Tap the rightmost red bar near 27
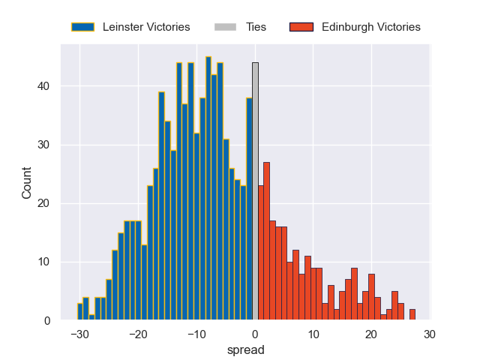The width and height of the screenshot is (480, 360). click(412, 315)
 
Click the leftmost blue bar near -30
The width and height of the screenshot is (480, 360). click(80, 312)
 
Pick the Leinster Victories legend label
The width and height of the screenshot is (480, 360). click(145, 27)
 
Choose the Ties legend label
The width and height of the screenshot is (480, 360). click(256, 27)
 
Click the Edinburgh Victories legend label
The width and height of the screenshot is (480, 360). click(370, 27)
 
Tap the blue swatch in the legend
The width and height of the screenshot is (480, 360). click(82, 27)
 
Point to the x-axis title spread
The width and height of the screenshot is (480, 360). click(250, 349)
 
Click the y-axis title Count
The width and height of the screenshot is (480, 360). click(27, 182)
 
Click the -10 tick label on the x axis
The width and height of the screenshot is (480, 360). click(195, 334)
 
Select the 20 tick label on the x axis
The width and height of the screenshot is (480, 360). click(371, 334)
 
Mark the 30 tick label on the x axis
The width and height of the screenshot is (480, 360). click(429, 334)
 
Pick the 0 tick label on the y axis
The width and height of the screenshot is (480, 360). click(46, 321)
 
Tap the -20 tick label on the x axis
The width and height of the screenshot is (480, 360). click(137, 334)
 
